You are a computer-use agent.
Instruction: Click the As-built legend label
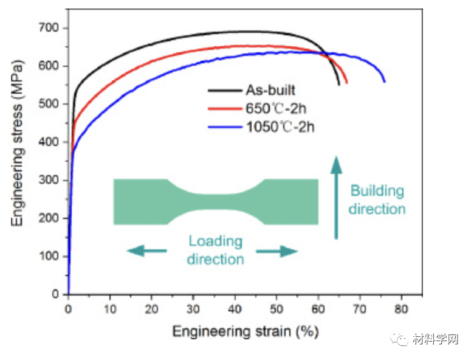tap(270, 91)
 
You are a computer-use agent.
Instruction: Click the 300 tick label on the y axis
tap(50, 180)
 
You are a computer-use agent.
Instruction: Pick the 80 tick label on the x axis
tap(400, 309)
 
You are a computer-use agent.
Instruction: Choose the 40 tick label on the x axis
tap(235, 309)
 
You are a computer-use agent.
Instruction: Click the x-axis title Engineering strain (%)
tap(245, 331)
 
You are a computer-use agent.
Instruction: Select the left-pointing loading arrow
tap(146, 251)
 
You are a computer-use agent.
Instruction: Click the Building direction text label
tap(377, 199)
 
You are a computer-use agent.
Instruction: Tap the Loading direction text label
tap(215, 250)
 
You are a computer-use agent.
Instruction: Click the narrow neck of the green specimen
tap(215, 202)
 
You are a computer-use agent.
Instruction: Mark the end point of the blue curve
tap(384, 81)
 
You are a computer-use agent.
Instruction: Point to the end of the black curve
tap(339, 85)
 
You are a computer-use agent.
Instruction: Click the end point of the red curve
tap(346, 83)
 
